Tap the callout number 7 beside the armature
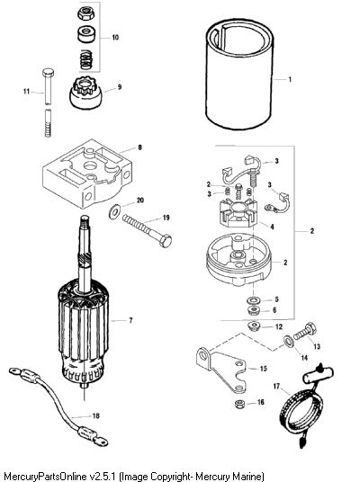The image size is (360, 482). (x=130, y=320)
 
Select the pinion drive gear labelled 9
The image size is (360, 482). (x=85, y=94)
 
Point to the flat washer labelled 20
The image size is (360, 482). (x=115, y=212)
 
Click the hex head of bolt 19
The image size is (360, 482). (x=165, y=241)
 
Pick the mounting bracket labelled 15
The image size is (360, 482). (x=221, y=370)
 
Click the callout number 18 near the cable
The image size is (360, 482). (x=95, y=415)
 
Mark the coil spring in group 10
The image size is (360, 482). (x=87, y=59)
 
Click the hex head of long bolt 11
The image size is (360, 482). (x=48, y=73)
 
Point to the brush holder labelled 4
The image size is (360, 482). (x=238, y=212)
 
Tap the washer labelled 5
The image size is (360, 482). (x=253, y=299)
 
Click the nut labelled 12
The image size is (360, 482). (x=254, y=326)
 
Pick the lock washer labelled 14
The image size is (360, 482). (x=289, y=341)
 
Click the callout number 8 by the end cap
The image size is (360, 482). (x=140, y=147)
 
